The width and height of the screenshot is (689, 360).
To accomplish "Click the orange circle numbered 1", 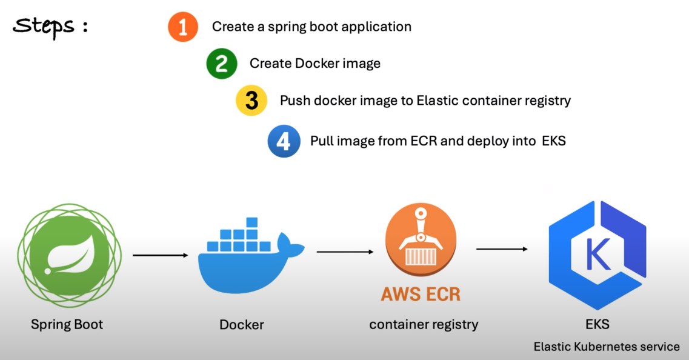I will tap(183, 27).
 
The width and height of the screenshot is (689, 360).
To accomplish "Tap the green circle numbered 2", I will tap(222, 64).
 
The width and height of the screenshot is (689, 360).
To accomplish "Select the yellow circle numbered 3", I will tap(251, 101).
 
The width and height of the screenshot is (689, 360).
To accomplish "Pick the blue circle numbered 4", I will tap(284, 141).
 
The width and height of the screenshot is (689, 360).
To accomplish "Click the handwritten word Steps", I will tap(45, 27).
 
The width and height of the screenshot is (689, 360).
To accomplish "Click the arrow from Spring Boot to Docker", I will tap(161, 255).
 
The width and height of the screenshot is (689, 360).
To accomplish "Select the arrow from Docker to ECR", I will tap(344, 252).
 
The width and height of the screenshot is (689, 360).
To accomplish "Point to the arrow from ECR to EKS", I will tap(501, 248).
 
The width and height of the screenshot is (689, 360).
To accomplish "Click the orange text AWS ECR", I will tap(421, 295).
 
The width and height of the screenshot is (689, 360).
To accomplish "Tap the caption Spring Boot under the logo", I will tap(67, 324).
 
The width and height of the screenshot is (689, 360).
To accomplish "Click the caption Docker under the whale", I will tap(241, 325).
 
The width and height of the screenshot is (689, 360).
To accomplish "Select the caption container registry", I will tap(424, 324).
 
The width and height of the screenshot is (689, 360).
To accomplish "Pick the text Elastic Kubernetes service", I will tap(607, 347).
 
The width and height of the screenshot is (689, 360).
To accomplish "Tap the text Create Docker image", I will tap(315, 64).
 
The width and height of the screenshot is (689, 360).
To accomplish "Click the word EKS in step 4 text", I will tap(554, 141).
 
